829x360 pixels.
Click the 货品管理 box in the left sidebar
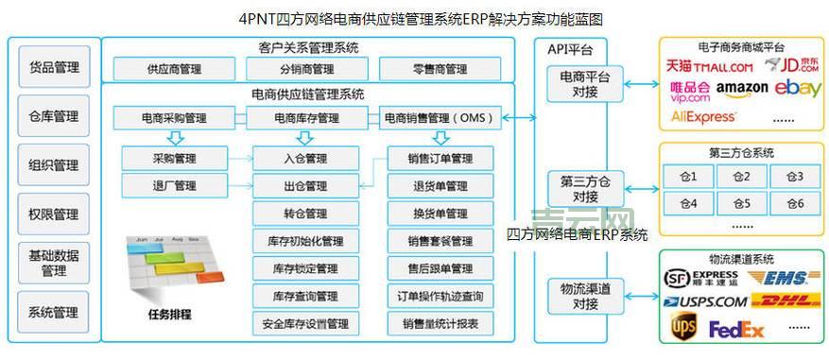pos(54,67)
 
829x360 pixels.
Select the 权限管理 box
pos(54,214)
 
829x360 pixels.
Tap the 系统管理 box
pos(54,313)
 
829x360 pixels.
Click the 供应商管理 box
pos(174,69)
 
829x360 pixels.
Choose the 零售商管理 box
pos(440,69)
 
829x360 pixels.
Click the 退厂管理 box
pos(174,185)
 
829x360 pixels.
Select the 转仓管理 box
pos(305,214)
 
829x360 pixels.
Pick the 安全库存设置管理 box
pos(305,324)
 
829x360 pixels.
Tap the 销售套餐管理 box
pos(440,241)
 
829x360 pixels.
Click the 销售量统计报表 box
pos(440,324)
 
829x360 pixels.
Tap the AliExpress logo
pos(702,117)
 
